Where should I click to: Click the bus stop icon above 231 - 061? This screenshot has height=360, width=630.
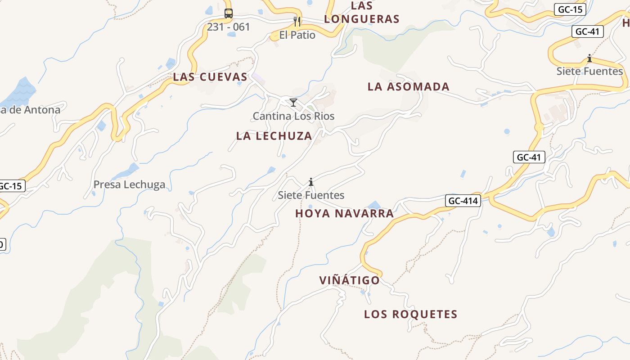[x=229, y=13]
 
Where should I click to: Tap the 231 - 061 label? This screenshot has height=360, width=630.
[x=229, y=27]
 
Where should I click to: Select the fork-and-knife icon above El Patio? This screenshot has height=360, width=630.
[x=297, y=21]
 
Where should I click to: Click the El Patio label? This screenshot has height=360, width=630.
[x=297, y=35]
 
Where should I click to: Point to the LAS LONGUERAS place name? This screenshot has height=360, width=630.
[x=362, y=13]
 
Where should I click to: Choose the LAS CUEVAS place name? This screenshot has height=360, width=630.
[x=210, y=77]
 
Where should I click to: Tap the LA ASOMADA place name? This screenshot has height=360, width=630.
[x=409, y=86]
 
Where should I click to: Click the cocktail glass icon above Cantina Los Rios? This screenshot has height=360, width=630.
[x=293, y=103]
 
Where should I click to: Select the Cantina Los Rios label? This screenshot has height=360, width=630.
[x=293, y=116]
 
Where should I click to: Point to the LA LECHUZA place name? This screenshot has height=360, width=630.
[x=274, y=136]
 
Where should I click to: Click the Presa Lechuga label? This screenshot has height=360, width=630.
[x=129, y=184]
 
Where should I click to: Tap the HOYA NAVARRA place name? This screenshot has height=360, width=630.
[x=345, y=213]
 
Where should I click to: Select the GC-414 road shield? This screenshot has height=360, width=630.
[x=463, y=201]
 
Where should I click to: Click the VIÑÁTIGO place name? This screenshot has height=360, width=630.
[x=350, y=280]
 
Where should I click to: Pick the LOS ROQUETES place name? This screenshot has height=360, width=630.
[x=411, y=314]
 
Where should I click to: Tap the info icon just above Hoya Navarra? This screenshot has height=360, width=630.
[x=311, y=182]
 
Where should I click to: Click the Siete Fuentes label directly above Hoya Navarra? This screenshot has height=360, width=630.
[x=311, y=195]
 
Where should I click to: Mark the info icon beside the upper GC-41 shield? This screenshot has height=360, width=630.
[x=589, y=58]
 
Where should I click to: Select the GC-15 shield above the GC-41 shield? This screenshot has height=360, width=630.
[x=570, y=9]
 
